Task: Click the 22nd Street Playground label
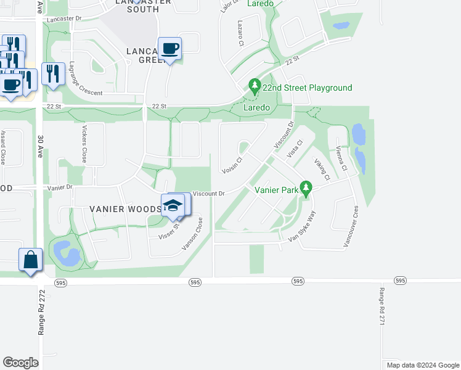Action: [x=307, y=88]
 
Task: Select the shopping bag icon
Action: [x=30, y=260]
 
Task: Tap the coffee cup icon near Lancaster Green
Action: [x=169, y=48]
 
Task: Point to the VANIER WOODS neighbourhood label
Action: [x=125, y=209]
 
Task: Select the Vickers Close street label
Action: [x=84, y=145]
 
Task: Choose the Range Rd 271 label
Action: [x=382, y=306]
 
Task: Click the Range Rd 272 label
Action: [x=41, y=312]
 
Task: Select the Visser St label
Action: [x=168, y=232]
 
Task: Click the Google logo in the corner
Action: [x=20, y=363]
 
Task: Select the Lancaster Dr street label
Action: [x=63, y=18]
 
